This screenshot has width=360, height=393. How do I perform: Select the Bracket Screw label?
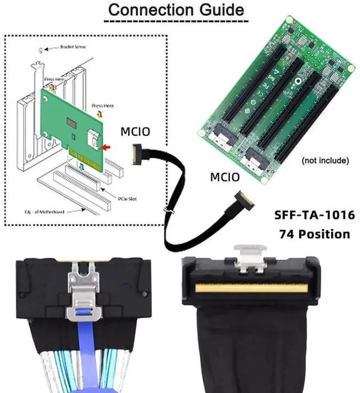[73, 48]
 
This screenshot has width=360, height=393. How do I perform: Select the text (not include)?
[325, 161]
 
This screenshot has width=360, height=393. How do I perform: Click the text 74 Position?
[314, 233]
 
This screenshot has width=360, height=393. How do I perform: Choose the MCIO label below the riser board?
[224, 177]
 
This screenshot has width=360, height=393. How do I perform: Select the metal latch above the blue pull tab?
[79, 282]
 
